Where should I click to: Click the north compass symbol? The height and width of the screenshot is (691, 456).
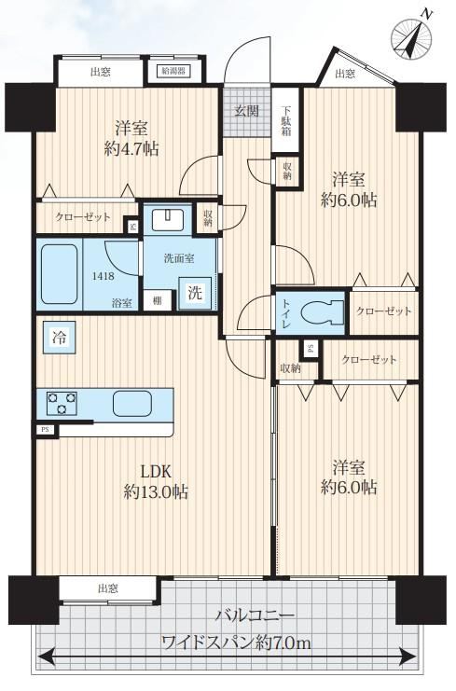411,38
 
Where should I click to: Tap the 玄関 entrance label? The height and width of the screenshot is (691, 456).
246,112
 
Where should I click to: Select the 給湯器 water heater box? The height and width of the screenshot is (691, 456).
173,71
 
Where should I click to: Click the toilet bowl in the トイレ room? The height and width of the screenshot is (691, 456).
322,312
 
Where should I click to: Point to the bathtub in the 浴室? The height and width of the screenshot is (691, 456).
59,274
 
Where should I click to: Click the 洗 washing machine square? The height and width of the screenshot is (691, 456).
195,293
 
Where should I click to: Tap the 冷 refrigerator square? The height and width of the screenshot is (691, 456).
59,338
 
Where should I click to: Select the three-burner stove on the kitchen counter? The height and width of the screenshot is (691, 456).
62,403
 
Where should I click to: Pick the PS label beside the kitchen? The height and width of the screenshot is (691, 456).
45,429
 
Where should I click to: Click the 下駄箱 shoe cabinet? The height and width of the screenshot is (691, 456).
286,120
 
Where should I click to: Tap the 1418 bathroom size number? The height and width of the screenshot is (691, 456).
104,276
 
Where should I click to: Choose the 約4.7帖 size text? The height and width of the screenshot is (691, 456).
131,149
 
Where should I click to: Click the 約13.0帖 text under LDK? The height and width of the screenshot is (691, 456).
156,491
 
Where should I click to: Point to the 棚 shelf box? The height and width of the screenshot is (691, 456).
157,301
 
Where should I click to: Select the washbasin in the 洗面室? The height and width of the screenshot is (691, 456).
168,220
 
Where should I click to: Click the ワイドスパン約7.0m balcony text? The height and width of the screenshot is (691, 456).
237,643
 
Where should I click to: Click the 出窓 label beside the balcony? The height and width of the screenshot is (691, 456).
108,588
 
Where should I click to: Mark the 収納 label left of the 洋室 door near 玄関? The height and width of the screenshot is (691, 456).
208,217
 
